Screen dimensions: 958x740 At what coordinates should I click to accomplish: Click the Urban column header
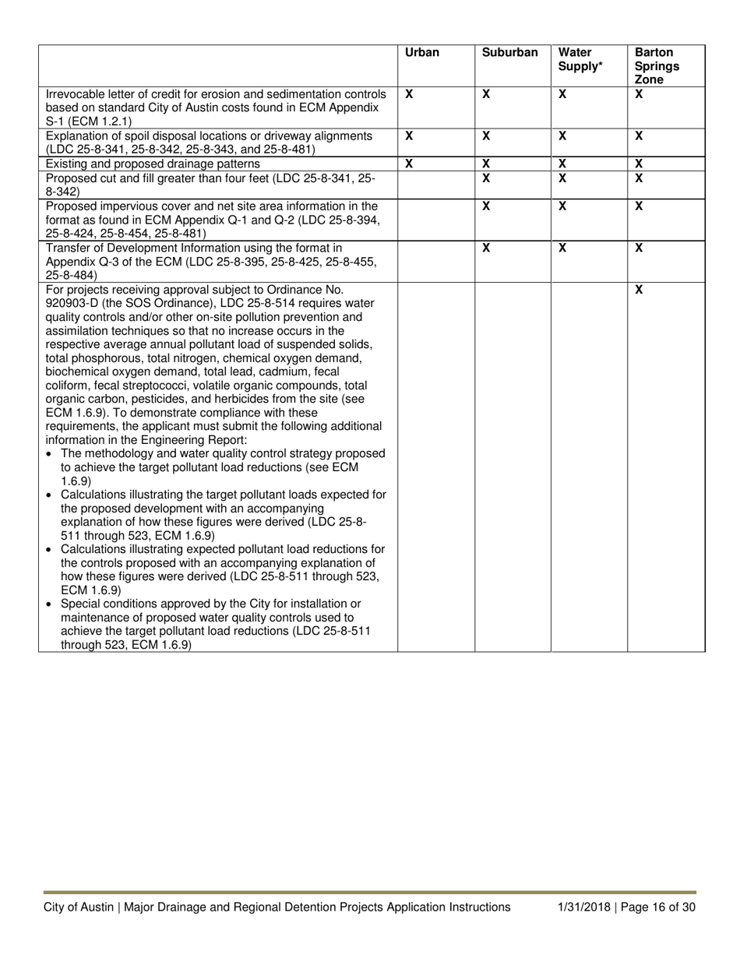tap(422, 53)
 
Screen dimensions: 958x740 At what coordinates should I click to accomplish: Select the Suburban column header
tap(509, 53)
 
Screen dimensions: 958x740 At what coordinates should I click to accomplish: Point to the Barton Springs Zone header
tap(657, 66)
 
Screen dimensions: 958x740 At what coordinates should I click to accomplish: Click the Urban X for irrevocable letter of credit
tap(409, 93)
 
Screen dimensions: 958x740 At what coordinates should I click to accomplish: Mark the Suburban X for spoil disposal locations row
tap(486, 136)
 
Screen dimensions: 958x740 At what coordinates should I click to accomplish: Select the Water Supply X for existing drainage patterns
tap(562, 164)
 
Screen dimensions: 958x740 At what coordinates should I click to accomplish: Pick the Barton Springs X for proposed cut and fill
tap(639, 178)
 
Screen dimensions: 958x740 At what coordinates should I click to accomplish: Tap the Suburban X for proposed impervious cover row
tap(486, 206)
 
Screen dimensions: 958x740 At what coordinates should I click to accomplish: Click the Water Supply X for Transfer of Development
tap(562, 248)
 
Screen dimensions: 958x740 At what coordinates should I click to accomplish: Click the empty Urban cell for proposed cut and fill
tap(436, 185)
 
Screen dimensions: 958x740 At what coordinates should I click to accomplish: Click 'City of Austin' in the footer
tap(77, 907)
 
